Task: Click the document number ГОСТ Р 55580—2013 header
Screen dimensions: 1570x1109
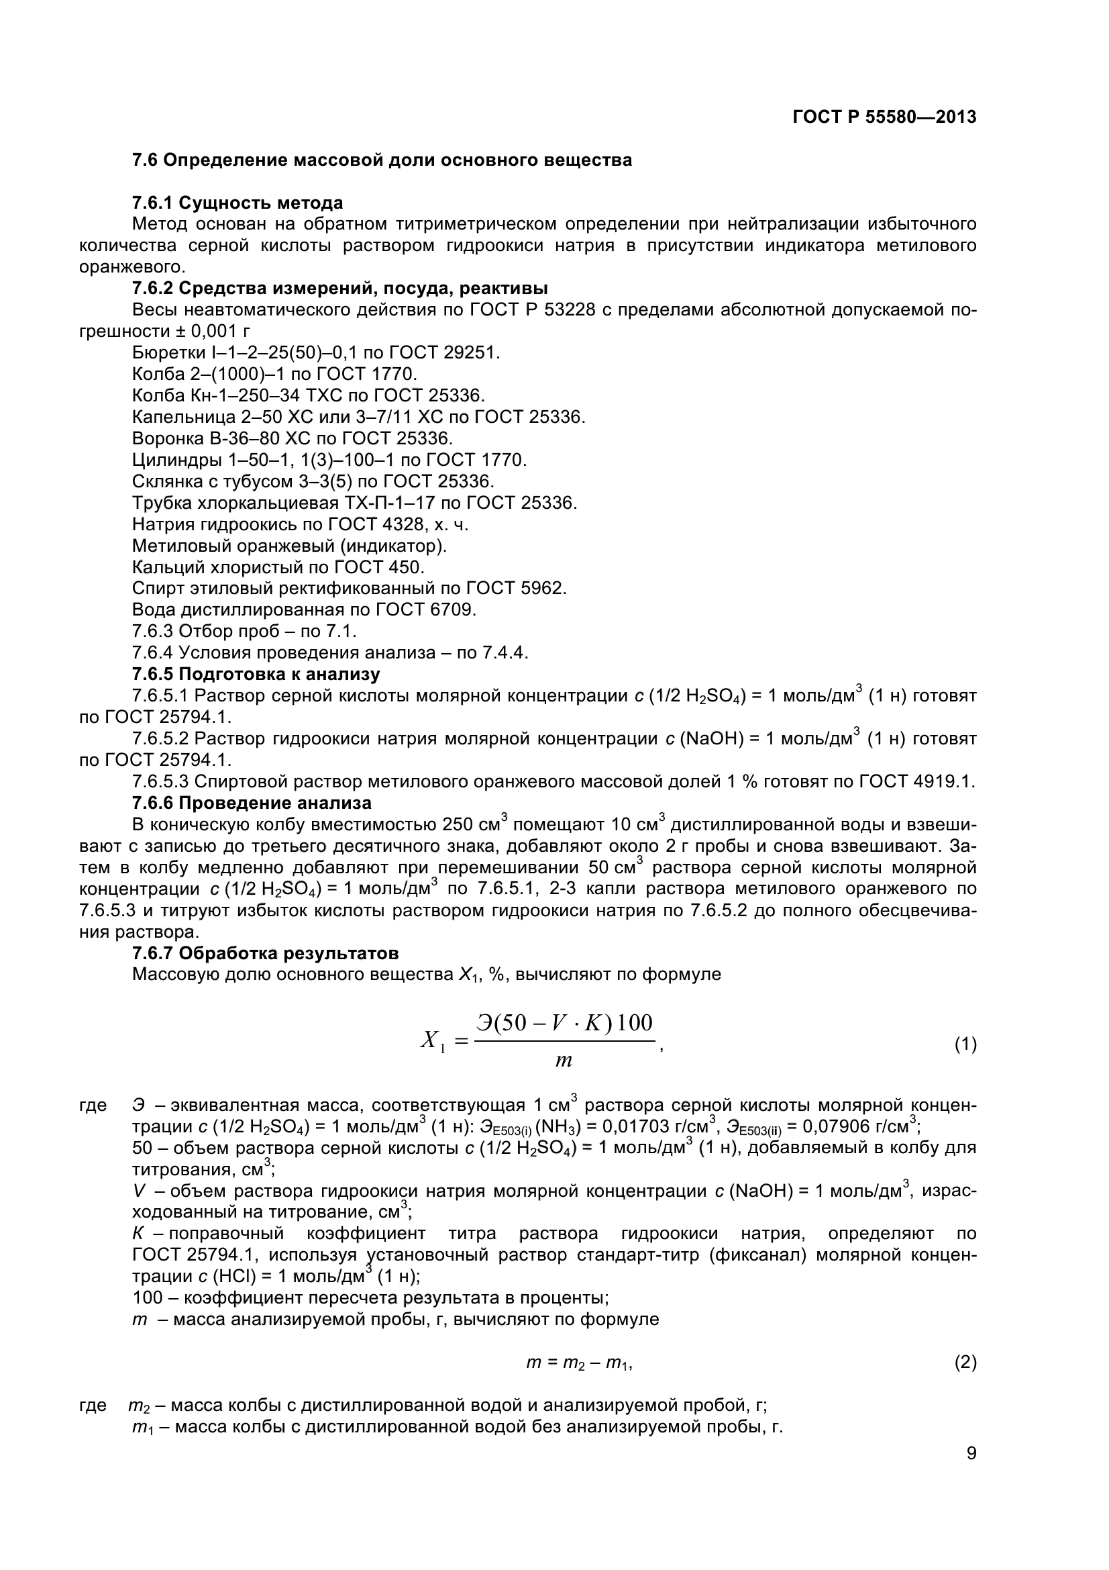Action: point(884,117)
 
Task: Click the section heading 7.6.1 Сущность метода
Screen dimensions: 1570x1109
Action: point(237,203)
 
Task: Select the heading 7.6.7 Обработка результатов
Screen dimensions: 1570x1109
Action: point(265,953)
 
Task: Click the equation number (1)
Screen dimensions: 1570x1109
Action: point(965,1044)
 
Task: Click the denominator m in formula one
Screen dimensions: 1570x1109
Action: point(564,1061)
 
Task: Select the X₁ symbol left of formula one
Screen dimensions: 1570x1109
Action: point(433,1042)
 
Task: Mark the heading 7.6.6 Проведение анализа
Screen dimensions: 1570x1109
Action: point(252,803)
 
